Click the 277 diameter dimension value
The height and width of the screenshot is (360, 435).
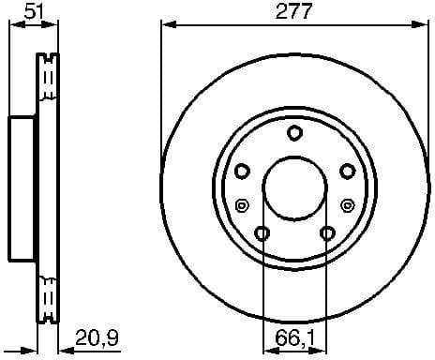point(293,12)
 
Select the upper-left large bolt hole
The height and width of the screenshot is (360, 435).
point(241,170)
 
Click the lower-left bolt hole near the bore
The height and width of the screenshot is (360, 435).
point(262,232)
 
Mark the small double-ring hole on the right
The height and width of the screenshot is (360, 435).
point(348,206)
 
